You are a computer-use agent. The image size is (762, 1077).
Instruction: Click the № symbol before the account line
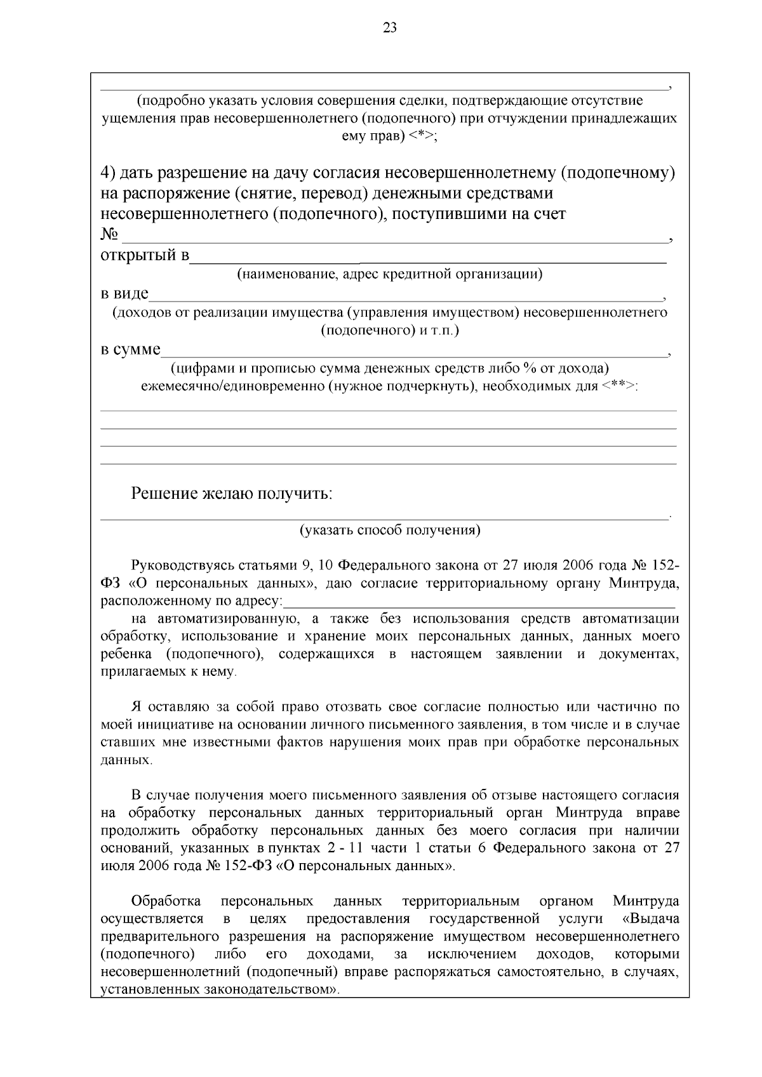point(109,235)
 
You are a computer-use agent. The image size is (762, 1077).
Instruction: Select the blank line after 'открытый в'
point(428,259)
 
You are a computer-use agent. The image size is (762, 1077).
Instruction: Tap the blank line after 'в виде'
point(406,296)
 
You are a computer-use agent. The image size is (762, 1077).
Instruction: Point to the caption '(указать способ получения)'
point(390,531)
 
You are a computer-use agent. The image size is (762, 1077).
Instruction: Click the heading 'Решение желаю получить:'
point(232,494)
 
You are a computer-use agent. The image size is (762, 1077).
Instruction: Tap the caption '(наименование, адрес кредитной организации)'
point(390,274)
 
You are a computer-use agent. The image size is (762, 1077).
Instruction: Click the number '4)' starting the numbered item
point(109,173)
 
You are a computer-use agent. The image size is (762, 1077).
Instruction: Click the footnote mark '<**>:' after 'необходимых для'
point(620,387)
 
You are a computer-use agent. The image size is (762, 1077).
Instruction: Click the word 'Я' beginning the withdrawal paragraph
point(135,707)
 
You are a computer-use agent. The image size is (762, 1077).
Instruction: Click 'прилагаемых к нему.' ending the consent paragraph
point(168,671)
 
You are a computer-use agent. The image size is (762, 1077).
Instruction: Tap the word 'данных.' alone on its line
point(126,760)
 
